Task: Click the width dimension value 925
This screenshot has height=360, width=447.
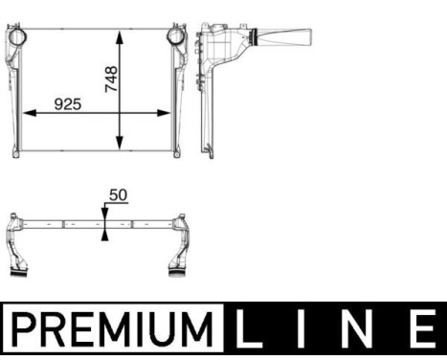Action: point(67,102)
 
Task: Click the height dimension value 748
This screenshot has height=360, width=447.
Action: point(112,78)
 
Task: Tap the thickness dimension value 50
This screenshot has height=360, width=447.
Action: point(119,194)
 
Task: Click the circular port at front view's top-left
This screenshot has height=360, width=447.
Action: point(16,37)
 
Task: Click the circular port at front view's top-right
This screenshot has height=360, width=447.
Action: point(176,37)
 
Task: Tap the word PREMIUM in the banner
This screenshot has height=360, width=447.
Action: point(111,331)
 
